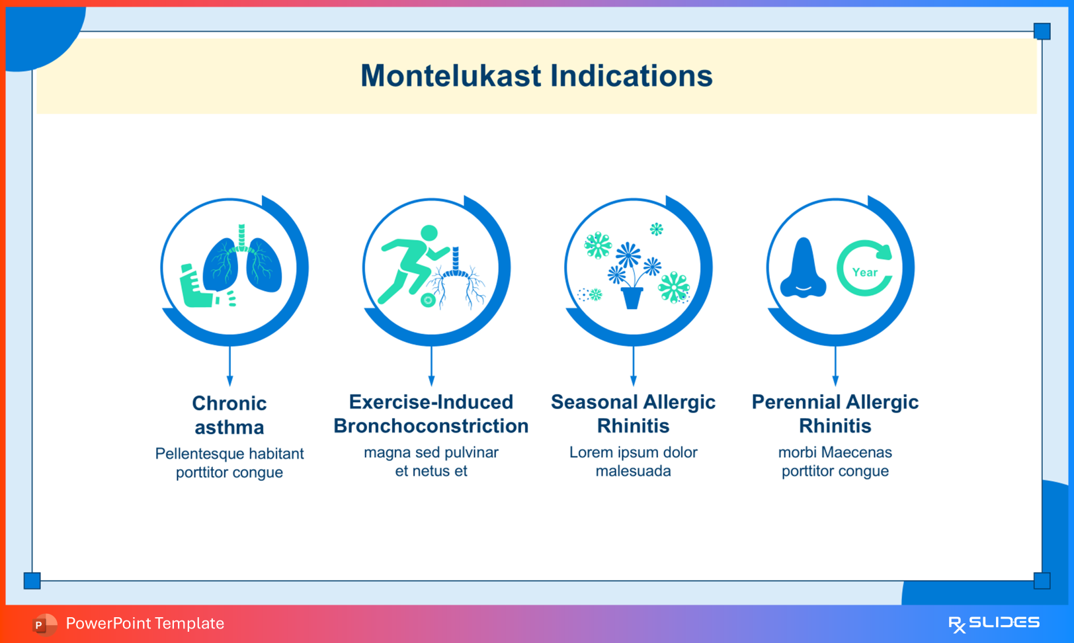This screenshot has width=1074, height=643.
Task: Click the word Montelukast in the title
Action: point(451,76)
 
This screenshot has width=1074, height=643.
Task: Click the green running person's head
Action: point(429,233)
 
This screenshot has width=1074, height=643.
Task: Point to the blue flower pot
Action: point(632,297)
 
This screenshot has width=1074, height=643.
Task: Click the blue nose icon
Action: point(803,268)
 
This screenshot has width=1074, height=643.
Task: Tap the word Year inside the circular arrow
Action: point(865,273)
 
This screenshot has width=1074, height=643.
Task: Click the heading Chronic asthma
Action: point(229,415)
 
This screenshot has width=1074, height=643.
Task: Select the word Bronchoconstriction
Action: point(431,426)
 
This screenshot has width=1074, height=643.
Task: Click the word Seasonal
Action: point(593,402)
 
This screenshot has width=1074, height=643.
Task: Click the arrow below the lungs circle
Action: point(229,366)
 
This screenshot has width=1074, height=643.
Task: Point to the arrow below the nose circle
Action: point(835,366)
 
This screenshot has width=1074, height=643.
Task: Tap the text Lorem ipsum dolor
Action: point(633,452)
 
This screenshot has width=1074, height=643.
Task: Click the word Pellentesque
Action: point(196,454)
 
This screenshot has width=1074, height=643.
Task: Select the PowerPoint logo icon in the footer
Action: point(44,624)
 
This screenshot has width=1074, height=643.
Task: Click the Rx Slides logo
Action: point(994,624)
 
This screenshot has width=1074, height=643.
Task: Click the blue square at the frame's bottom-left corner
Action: point(32,581)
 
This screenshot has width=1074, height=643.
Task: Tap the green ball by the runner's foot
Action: point(428,300)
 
